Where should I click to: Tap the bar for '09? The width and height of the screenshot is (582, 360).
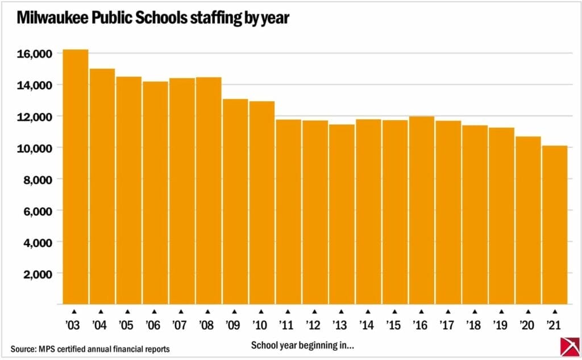pos(235,201)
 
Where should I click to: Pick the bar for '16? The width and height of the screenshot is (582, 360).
pos(421,210)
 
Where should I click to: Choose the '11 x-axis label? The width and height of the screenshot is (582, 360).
pos(288,326)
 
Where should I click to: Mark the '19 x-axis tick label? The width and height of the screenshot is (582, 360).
pos(501,326)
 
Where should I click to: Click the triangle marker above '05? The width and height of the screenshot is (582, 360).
pos(127,311)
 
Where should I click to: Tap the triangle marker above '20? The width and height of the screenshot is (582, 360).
pos(527,311)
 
